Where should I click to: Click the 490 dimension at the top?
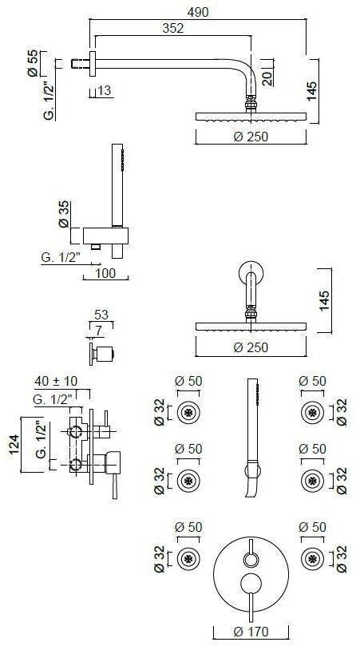tap(198, 12)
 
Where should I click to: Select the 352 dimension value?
tap(172, 29)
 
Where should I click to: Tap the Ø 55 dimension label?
tap(33, 63)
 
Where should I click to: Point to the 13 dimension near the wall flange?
tap(105, 90)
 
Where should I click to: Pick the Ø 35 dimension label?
tap(63, 214)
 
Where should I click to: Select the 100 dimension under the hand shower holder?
tap(105, 273)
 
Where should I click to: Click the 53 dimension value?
tap(101, 315)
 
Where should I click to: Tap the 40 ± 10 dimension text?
tap(56, 381)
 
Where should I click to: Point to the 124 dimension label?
tap(15, 445)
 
